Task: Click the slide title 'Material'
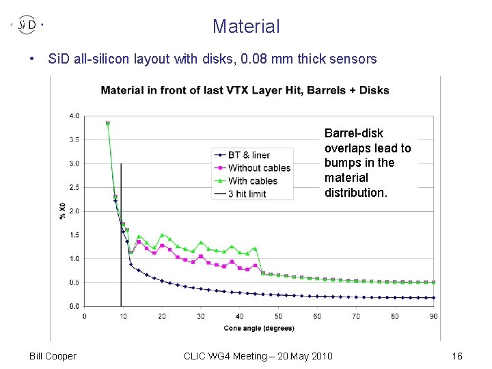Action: coord(246,26)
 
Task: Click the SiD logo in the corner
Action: coord(27,25)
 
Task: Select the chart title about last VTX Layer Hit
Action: coord(245,90)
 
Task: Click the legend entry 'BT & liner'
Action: coord(242,155)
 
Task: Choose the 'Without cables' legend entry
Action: coord(252,168)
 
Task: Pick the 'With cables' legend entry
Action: coord(246,181)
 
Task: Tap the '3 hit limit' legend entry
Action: coord(240,194)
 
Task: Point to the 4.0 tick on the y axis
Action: coord(74,116)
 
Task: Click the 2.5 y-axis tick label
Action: coord(74,187)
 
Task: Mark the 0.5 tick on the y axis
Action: coord(74,282)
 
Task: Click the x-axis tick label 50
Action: coord(278,316)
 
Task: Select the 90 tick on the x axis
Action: coord(434,316)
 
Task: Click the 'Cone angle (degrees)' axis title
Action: coord(259,329)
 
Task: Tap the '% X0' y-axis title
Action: coord(62,211)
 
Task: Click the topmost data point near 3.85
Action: coord(108,123)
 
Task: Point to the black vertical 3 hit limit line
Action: coord(121,234)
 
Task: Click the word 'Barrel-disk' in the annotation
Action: coord(354,133)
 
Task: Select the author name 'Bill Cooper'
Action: coord(53,356)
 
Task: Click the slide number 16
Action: coord(457,356)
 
